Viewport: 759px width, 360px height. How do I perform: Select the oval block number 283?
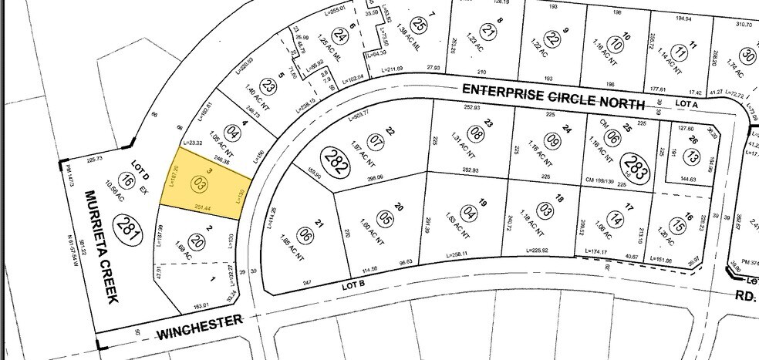coord(637,164)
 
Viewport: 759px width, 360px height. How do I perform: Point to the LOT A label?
coord(686,102)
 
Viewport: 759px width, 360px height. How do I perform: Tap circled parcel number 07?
coord(376,143)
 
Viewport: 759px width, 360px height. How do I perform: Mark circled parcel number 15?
coord(677,226)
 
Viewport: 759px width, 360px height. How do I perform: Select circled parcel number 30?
coord(747,56)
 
